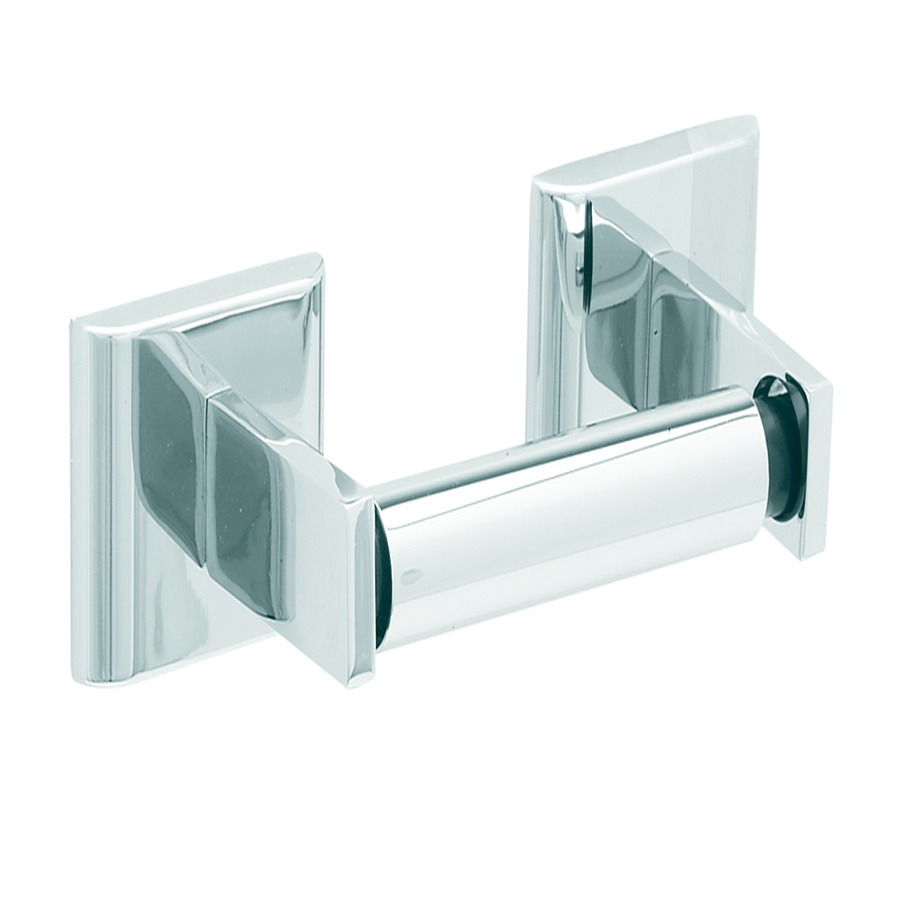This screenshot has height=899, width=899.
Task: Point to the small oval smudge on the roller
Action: [x=411, y=577]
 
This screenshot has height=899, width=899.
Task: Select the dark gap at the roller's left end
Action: [x=383, y=579]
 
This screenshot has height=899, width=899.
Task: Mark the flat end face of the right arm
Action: [x=808, y=465]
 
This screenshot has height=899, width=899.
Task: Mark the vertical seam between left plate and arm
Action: [x=209, y=474]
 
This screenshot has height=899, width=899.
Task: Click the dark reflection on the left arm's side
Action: [x=246, y=509]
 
